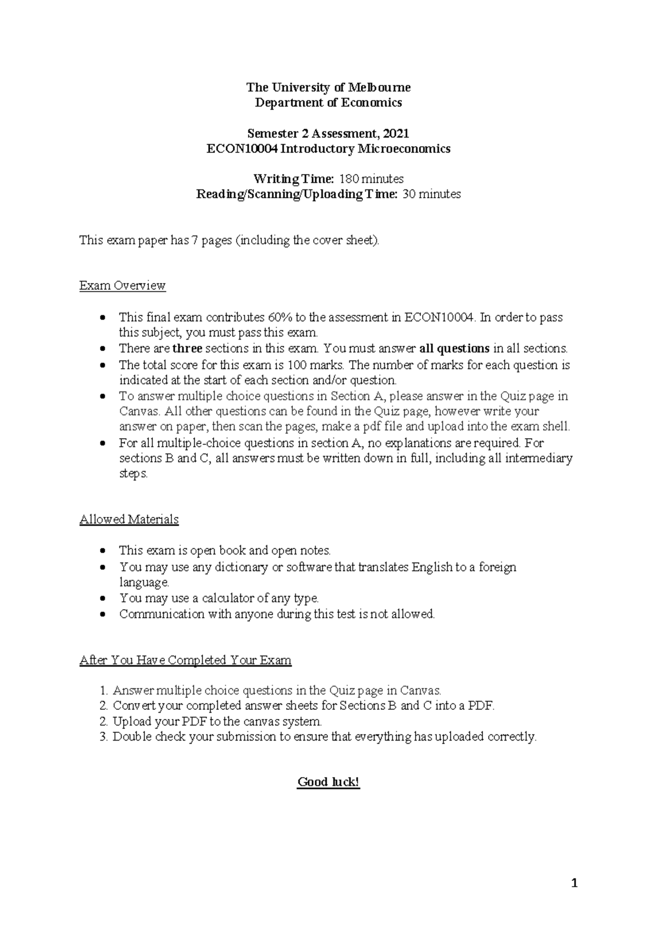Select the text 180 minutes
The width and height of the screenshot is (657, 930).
click(371, 179)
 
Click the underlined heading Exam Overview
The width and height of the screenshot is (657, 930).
click(122, 286)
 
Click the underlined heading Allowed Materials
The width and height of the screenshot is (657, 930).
click(129, 519)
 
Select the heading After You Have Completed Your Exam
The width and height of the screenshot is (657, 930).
click(185, 661)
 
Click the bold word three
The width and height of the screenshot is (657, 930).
click(187, 349)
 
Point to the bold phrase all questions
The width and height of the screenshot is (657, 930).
click(454, 349)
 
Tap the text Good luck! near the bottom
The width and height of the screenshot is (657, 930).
click(328, 782)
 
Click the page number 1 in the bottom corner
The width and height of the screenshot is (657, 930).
click(574, 883)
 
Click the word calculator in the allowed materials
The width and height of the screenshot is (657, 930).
click(227, 598)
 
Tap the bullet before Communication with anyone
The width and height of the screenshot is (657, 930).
click(103, 615)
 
